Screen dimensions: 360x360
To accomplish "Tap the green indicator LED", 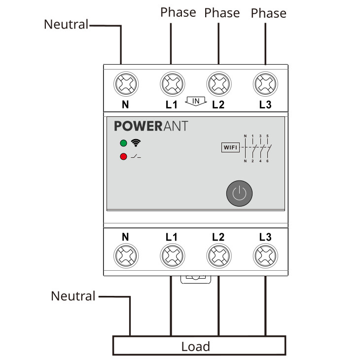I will pyautogui.click(x=123, y=144).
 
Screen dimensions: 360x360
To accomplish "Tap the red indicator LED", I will pyautogui.click(x=123, y=157).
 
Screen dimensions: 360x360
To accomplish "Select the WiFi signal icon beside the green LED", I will pyautogui.click(x=136, y=143).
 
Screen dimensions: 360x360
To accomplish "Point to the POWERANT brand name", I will pyautogui.click(x=151, y=126).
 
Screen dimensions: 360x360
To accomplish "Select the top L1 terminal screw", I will pyautogui.click(x=172, y=84).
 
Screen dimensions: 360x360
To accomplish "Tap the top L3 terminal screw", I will pyautogui.click(x=265, y=84).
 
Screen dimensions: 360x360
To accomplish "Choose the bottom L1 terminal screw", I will pyautogui.click(x=172, y=256).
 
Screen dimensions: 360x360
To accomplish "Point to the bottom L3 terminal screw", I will pyautogui.click(x=265, y=256).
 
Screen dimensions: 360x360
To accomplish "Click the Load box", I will pyautogui.click(x=199, y=346).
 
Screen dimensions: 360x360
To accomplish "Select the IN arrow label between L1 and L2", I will pyautogui.click(x=196, y=101).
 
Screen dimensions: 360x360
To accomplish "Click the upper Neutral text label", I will pyautogui.click(x=66, y=24).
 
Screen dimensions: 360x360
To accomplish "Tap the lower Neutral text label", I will pyautogui.click(x=73, y=296).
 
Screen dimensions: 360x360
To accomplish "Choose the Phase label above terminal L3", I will pyautogui.click(x=268, y=13).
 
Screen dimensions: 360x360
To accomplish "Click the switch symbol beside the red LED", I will pyautogui.click(x=136, y=157).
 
